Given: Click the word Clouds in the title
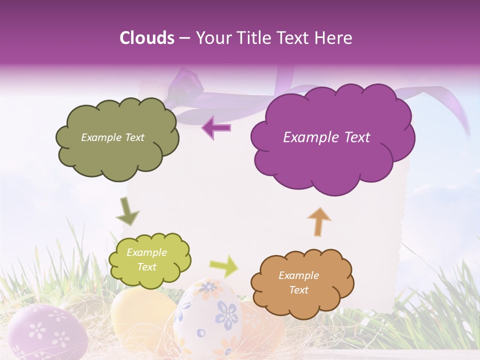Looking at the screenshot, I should click(x=147, y=38).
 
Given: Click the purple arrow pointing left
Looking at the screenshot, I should click(x=216, y=128).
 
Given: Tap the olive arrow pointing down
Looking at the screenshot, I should click(x=127, y=211).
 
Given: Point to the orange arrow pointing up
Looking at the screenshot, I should click(x=319, y=221).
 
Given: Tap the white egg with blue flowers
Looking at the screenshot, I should click(x=207, y=320).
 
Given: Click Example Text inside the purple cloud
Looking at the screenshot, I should click(x=327, y=137).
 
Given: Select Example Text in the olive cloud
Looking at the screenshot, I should click(x=113, y=137).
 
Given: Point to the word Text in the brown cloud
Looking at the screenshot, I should click(x=299, y=290).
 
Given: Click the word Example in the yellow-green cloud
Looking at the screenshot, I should click(x=147, y=252).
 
